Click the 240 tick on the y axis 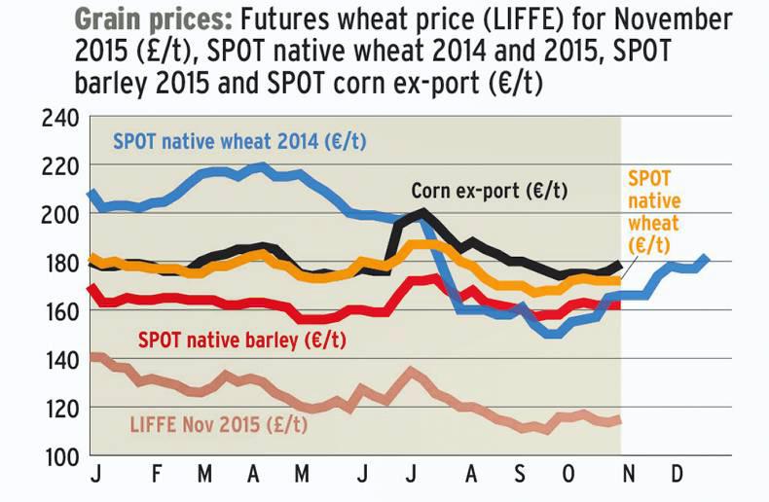pyautogui.click(x=56, y=119)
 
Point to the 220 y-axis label pyautogui.click(x=56, y=166)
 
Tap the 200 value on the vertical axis pyautogui.click(x=56, y=215)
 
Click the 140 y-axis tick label pyautogui.click(x=56, y=360)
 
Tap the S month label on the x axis pyautogui.click(x=520, y=481)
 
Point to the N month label pyautogui.click(x=628, y=481)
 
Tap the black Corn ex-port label pyautogui.click(x=488, y=191)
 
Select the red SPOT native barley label pyautogui.click(x=242, y=341)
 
